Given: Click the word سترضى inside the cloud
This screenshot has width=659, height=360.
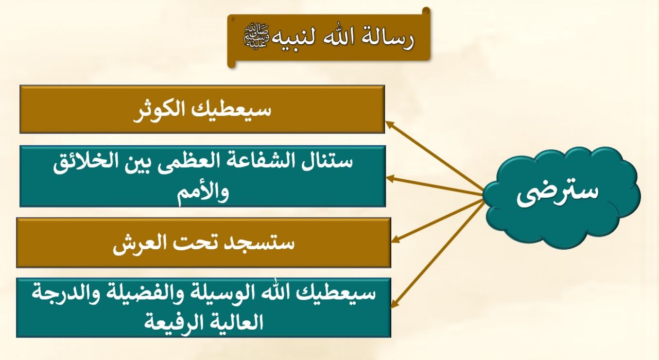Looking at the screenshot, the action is click(x=558, y=193).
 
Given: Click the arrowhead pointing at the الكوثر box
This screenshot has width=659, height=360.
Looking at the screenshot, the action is click(x=390, y=125).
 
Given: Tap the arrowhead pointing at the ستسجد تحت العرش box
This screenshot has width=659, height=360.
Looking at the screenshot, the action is click(x=395, y=239).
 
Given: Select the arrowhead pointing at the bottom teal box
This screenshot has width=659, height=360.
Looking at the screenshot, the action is click(x=394, y=304).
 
